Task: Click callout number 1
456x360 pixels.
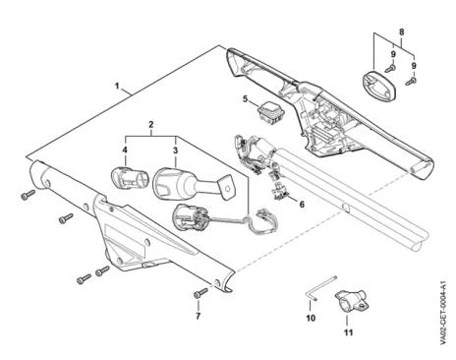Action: [117, 87]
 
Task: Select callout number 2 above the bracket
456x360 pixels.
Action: [150, 125]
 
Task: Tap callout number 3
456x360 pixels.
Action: [175, 150]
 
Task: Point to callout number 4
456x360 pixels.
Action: [125, 150]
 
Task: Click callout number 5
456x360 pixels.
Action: [246, 98]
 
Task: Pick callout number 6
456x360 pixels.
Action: [302, 205]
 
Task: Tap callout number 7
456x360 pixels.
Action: [198, 317]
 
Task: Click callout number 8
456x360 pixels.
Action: [401, 32]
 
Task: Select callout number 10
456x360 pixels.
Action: [311, 318]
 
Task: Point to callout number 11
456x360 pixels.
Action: [348, 332]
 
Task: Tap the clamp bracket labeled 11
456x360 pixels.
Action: [351, 300]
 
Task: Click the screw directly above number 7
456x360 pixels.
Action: [200, 292]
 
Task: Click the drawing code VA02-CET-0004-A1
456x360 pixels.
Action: [443, 313]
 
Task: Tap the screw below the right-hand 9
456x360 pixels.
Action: [411, 81]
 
